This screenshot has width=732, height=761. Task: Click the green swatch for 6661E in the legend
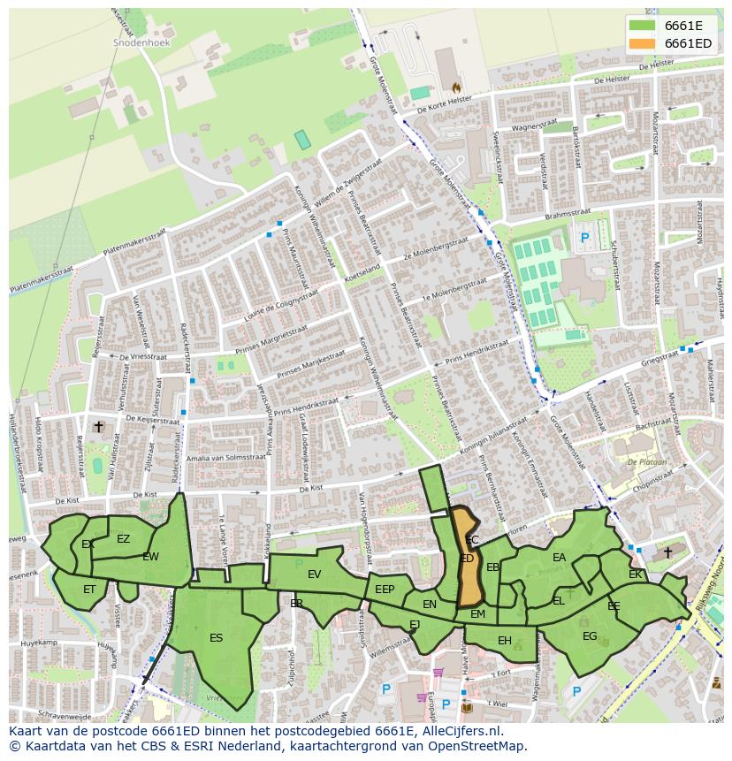tap(642, 25)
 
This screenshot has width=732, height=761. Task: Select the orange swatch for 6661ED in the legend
tap(642, 43)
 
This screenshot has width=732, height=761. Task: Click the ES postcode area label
tap(216, 637)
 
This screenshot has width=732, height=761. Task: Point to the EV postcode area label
tap(314, 575)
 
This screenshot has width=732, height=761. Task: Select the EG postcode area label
tap(590, 635)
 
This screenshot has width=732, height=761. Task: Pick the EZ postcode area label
tap(123, 539)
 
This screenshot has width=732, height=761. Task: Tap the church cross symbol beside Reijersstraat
tap(99, 427)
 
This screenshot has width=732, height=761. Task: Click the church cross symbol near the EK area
tap(667, 552)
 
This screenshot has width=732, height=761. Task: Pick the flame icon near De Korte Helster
tap(456, 88)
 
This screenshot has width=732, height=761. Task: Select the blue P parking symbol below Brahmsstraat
tap(584, 237)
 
